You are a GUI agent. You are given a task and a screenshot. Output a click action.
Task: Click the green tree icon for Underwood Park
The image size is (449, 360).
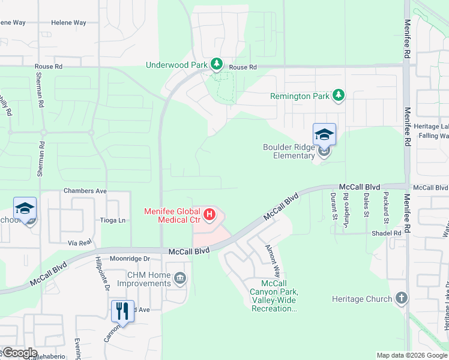tap(216, 64)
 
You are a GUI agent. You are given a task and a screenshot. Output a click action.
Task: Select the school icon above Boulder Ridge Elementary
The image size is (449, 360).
tap(324, 134)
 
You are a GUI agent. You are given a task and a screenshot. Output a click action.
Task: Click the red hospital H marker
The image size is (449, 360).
tap(209, 214)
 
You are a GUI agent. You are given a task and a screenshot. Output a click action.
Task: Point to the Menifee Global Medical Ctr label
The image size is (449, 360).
tap(172, 215)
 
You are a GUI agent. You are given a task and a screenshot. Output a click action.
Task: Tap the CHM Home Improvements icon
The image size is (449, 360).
tap(180, 278)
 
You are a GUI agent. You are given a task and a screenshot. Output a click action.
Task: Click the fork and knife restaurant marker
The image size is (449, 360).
tap(122, 311)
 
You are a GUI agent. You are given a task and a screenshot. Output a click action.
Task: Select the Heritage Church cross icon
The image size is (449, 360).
tap(402, 298)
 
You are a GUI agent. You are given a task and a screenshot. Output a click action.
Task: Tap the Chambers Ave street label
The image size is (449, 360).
tap(85, 191)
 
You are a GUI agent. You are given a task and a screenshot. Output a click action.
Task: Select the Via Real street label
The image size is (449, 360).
tap(80, 243)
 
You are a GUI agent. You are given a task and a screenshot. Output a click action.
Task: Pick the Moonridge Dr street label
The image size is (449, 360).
tap(129, 259)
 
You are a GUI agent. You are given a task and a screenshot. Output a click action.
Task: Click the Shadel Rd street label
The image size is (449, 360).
tap(390, 233)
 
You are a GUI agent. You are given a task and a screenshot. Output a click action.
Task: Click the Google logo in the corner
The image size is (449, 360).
tap(19, 353)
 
